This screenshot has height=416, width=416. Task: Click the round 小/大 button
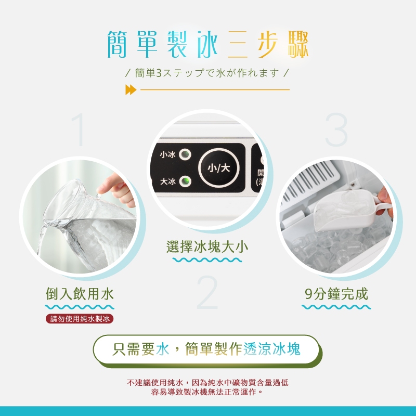pos(218,167)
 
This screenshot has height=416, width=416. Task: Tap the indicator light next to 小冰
pos(185,154)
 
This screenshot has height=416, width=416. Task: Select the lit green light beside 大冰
pos(185,181)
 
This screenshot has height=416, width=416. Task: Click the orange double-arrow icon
pos(131,89)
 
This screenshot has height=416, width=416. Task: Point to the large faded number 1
pos(79,129)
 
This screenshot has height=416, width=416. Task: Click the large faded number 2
pos(207,292)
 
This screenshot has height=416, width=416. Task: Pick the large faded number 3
pos(336,129)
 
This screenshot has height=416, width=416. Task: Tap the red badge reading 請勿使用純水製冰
pos(80,319)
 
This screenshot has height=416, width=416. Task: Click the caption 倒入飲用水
pos(80,294)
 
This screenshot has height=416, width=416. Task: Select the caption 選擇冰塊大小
pos(207,246)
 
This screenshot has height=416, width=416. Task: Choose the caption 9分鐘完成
pos(336,294)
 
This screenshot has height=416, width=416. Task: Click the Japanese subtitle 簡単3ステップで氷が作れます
pos(207,73)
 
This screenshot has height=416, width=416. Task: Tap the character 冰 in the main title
pos(207,44)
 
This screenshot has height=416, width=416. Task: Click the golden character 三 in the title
pos(238,44)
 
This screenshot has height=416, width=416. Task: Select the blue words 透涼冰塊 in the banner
pos(272,348)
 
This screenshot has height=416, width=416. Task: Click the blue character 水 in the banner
pos(162,348)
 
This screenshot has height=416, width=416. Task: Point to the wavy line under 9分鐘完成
pos(336,307)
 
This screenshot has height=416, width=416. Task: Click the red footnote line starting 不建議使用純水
pos(207,382)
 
